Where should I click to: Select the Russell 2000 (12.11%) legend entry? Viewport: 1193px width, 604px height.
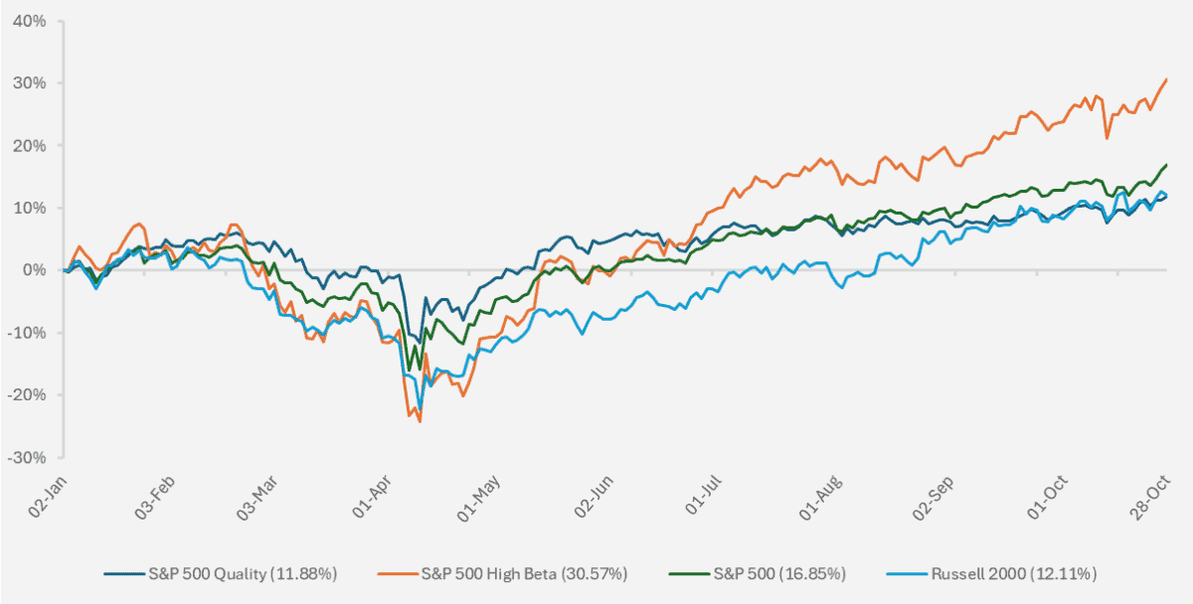(x=1015, y=573)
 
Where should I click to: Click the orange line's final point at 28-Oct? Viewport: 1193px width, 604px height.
(x=1166, y=79)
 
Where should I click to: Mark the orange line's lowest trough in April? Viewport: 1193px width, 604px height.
(x=420, y=421)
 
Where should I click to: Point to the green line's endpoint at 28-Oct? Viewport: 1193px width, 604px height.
(x=1166, y=165)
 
